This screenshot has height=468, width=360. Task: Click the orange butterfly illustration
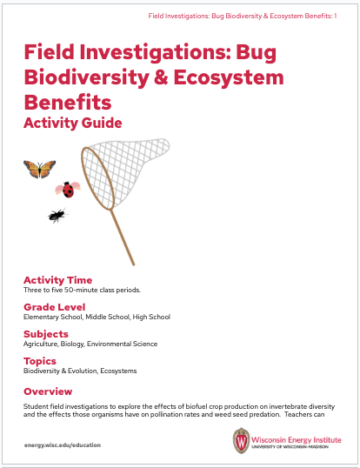(x=39, y=168)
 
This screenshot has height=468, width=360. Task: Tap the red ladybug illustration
(x=67, y=187)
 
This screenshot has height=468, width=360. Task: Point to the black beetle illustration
(x=57, y=214)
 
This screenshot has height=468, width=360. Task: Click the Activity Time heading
(x=57, y=279)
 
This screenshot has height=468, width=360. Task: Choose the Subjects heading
(x=47, y=333)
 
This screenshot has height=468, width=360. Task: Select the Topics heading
(x=40, y=360)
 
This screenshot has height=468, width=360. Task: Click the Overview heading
(x=48, y=391)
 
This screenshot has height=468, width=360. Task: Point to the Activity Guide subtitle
(x=73, y=123)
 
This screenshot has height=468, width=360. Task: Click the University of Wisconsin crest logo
(x=241, y=440)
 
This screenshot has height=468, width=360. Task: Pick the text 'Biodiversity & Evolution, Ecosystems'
(x=80, y=371)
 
